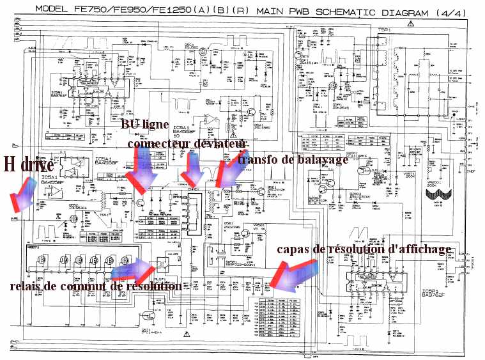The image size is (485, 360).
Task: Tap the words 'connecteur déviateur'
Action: (x=187, y=144)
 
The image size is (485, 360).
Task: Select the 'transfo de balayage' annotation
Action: (x=292, y=160)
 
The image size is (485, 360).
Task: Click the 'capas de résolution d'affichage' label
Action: (x=364, y=249)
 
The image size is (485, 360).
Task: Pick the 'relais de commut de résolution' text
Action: (x=95, y=287)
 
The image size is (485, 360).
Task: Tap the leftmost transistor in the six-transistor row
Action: (x=44, y=262)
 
